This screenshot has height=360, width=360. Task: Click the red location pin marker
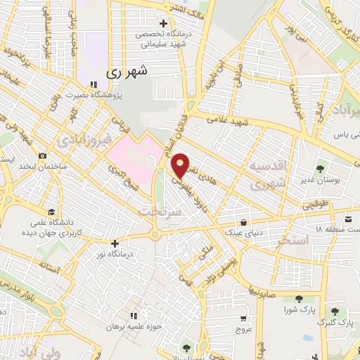click(x=181, y=165)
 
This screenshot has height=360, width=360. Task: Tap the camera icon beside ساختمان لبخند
click(x=43, y=155)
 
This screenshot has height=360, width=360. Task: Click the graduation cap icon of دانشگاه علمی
click(x=51, y=212)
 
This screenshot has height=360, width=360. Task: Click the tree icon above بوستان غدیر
click(x=321, y=169)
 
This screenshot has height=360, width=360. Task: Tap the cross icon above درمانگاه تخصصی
click(x=164, y=24)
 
